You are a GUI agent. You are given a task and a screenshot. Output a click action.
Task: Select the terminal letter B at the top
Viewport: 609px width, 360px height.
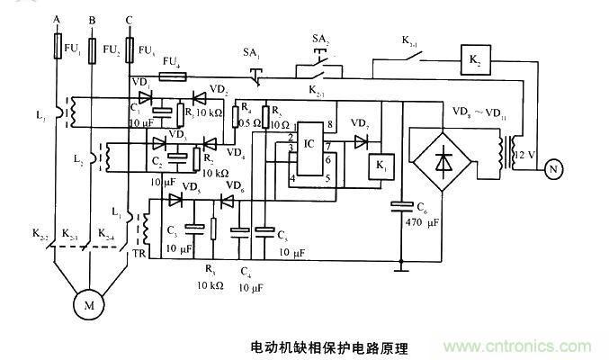[91, 19]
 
